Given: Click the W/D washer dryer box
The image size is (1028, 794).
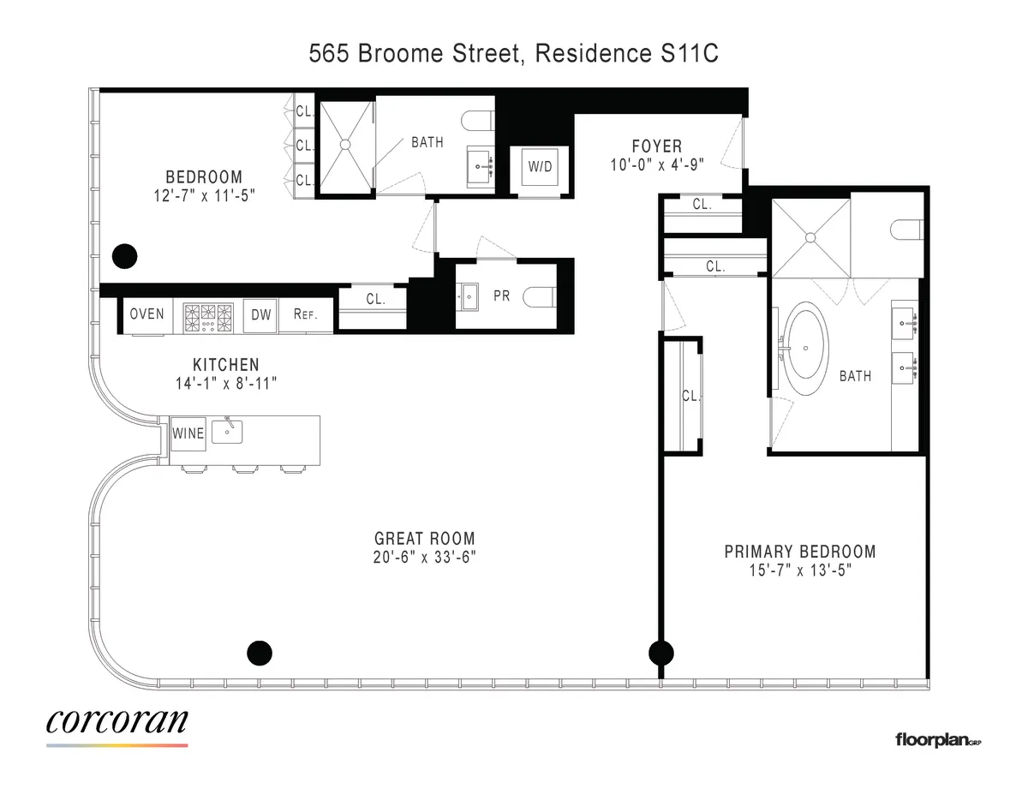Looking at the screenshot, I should click(x=540, y=167).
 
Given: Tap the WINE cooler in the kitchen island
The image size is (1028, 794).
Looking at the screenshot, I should click(x=188, y=433).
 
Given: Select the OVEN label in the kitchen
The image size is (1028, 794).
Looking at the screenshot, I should click(x=146, y=314).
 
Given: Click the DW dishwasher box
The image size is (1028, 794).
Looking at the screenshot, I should click(x=260, y=314).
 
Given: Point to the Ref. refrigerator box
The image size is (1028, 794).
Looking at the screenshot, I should click(x=305, y=314).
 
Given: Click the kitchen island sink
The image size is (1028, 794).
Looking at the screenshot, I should click(x=227, y=432).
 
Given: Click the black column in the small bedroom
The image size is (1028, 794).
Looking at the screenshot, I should click(x=125, y=254).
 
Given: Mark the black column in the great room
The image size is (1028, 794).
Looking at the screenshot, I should click(x=259, y=653).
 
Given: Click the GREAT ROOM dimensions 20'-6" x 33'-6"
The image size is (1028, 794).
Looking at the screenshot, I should click(x=425, y=557).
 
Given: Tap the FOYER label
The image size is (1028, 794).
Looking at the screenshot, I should click(x=657, y=146).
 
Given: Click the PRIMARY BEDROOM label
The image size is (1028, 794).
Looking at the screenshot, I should click(x=800, y=552).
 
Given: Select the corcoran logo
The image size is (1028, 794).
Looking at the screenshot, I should click(x=117, y=723).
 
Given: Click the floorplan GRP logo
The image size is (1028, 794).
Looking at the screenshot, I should click(x=937, y=738).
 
